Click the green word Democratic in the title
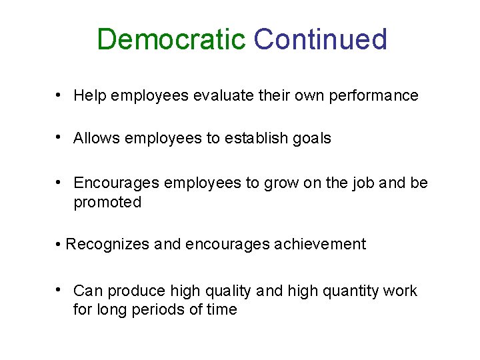171,40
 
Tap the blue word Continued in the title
320,40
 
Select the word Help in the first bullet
87,96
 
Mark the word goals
313,139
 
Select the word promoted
107,203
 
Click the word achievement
319,245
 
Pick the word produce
137,291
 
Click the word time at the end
222,309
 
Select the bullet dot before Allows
59,138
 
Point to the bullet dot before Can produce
59,290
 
